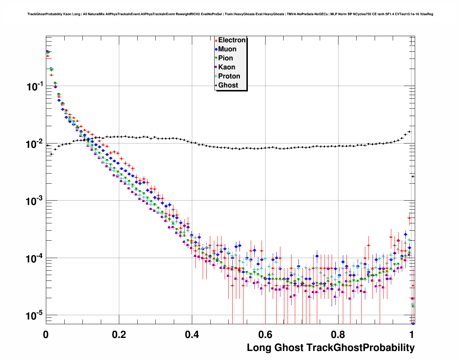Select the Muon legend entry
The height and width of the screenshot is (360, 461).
point(227,49)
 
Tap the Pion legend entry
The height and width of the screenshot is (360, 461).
point(225,58)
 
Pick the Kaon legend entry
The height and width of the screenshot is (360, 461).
point(227,67)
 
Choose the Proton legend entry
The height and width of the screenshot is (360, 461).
point(229,76)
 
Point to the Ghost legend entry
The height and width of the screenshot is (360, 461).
point(228,85)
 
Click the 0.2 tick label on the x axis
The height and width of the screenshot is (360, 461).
point(119,334)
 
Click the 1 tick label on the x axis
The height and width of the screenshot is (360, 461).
point(412,334)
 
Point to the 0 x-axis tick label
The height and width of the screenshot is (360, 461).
point(46,334)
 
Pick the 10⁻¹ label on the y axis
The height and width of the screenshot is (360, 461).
point(35,86)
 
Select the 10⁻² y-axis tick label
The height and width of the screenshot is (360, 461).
point(35,144)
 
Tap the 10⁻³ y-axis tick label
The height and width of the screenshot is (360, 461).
point(35,201)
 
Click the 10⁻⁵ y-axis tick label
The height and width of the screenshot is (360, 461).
point(35,316)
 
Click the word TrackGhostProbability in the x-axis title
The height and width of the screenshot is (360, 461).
point(360,348)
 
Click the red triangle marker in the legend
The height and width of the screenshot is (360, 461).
point(216,40)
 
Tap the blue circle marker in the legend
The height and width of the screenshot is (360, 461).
point(216,49)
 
